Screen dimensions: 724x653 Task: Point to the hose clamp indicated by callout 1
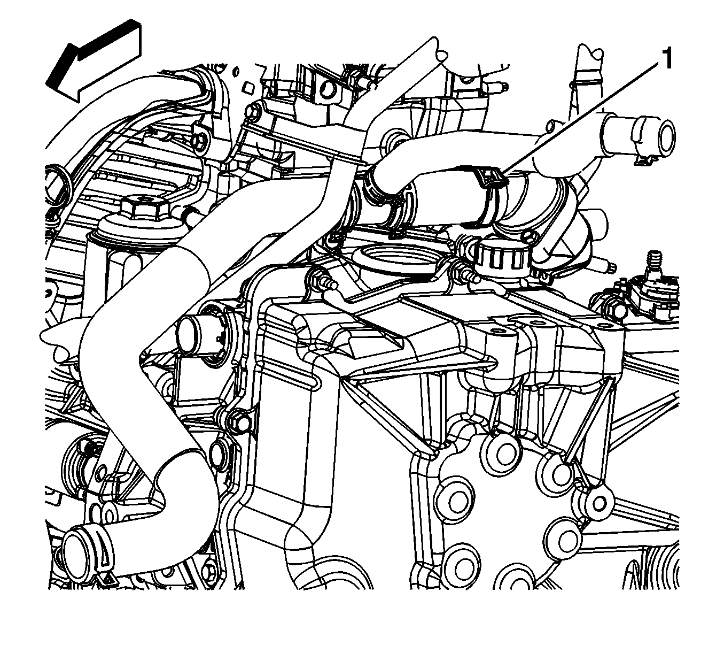tap(494, 195)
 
